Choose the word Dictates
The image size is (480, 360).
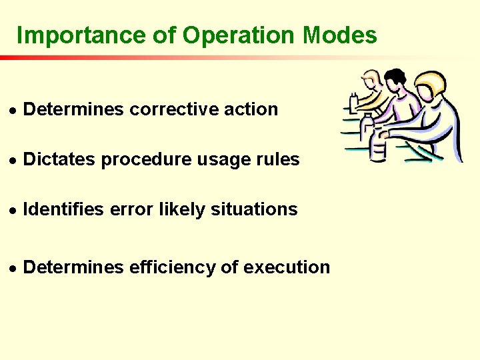(x=59, y=159)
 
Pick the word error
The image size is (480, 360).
(x=131, y=209)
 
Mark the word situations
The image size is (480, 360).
(x=254, y=209)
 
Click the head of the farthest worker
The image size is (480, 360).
(x=372, y=79)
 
